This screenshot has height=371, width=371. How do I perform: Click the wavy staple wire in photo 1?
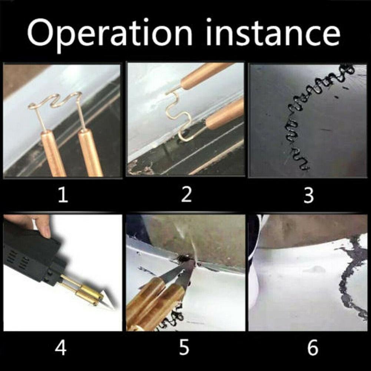[56, 101]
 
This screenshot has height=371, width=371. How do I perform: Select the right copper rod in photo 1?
[90, 152]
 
